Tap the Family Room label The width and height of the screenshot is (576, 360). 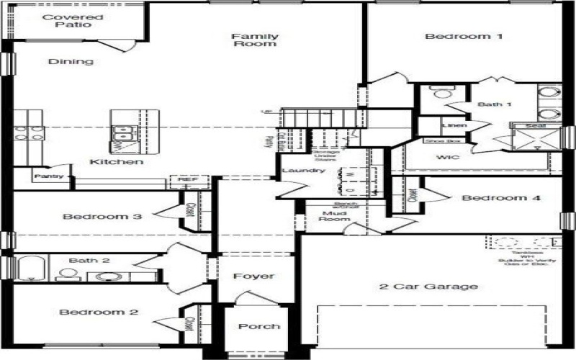[x=255, y=40]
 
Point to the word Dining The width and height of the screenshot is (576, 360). [x=71, y=62]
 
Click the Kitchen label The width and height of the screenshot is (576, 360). [x=116, y=162]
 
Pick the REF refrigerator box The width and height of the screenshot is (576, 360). [x=188, y=180]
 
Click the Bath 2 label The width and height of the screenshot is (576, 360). [x=89, y=261]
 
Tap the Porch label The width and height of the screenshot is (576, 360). [x=259, y=326]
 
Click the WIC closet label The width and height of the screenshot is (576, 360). [x=449, y=157]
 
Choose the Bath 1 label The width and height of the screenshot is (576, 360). [x=495, y=105]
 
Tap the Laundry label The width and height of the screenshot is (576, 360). [x=299, y=171]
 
